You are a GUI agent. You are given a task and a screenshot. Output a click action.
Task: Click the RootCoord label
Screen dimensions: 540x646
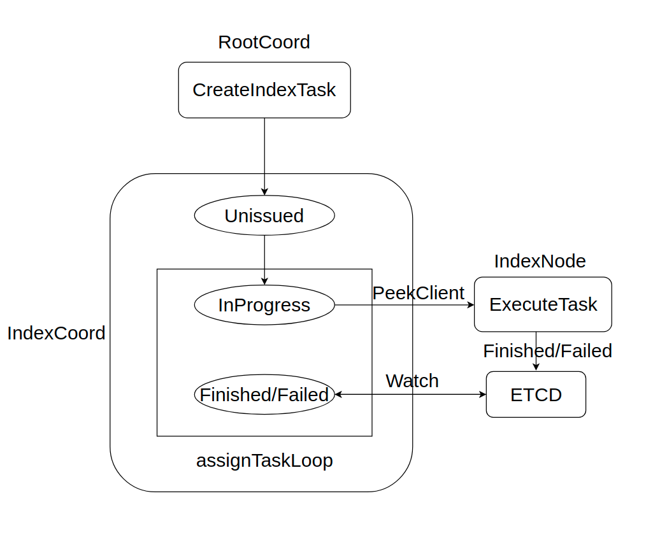point(264,42)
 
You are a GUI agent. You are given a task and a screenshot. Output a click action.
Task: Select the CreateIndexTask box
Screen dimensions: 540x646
point(264,90)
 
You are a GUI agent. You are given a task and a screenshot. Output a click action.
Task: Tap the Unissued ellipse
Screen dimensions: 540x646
point(264,216)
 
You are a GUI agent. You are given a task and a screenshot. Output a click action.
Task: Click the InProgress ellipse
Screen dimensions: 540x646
point(264,305)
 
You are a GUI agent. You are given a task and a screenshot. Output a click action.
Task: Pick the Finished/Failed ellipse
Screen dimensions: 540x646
point(264,395)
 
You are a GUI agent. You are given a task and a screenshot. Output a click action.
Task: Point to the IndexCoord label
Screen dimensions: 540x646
point(56,333)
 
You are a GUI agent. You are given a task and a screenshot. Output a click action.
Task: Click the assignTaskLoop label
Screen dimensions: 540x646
point(264,460)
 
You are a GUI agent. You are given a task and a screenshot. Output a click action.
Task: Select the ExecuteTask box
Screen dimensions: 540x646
point(543,304)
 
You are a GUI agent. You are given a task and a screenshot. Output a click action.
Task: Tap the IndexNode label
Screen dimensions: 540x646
point(540,261)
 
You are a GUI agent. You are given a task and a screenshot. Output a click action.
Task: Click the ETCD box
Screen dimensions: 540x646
point(536,395)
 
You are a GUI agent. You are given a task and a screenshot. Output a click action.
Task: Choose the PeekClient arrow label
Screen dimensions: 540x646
point(418,293)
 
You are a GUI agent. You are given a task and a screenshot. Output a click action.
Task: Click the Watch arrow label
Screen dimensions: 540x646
point(412,381)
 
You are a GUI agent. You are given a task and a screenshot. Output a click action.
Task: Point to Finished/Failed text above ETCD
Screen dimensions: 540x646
point(547,351)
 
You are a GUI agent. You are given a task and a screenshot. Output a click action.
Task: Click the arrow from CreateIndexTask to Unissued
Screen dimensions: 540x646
point(264,156)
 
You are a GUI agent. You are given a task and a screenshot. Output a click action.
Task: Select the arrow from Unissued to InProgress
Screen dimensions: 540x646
point(264,258)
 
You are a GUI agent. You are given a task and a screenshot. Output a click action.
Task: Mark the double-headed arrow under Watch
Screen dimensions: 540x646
point(411,395)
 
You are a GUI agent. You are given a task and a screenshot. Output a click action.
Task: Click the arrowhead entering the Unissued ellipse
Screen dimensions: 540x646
point(264,192)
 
